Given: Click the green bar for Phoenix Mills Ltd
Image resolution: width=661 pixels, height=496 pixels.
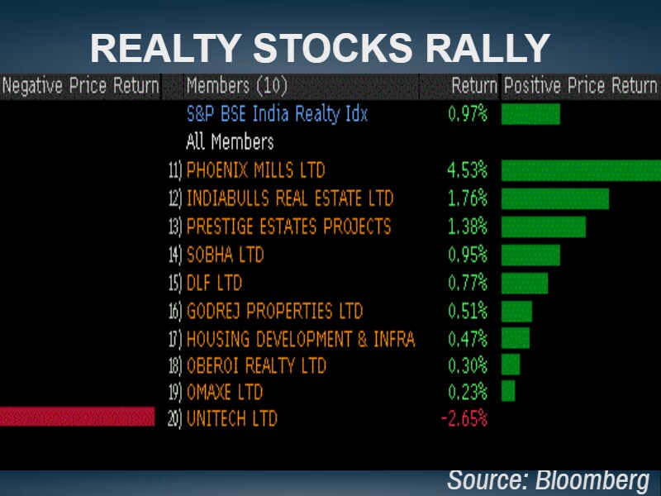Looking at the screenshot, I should tap(581, 170).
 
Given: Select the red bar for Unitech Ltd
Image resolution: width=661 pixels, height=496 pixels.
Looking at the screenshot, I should tap(77, 417).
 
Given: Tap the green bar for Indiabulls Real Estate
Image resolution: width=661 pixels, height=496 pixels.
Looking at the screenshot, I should tap(554, 198).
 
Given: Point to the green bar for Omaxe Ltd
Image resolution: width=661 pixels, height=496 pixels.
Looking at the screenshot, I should tap(507, 390).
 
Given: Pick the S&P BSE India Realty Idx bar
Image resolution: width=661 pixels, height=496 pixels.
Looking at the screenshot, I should tap(530, 114).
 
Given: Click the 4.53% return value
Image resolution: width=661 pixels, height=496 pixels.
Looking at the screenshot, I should tap(467, 170).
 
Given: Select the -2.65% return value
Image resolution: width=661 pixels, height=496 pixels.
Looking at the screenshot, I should tap(464, 418).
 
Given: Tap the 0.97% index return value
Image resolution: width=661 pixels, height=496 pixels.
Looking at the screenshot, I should tap(467, 114).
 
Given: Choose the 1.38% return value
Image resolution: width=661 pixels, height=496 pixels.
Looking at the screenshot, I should tap(467, 227).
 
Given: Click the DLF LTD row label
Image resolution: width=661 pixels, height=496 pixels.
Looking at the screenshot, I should tap(214, 283).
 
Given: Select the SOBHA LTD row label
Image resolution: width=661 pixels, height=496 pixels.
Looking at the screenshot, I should tap(225, 255).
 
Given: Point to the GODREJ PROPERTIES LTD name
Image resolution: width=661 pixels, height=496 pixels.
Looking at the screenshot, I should tap(274, 311).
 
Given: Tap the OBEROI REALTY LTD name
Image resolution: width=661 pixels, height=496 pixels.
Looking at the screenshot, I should tap(256, 365).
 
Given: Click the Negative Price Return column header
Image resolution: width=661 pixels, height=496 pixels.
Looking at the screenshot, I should tap(80, 86).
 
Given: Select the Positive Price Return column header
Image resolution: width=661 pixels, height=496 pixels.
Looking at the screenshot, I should tap(580, 86).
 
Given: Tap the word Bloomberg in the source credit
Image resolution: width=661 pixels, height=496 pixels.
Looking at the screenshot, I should tap(592, 479).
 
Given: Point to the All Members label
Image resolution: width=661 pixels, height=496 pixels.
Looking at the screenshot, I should tap(230, 141).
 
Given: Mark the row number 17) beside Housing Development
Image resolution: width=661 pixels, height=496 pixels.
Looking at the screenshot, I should tap(174, 339).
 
